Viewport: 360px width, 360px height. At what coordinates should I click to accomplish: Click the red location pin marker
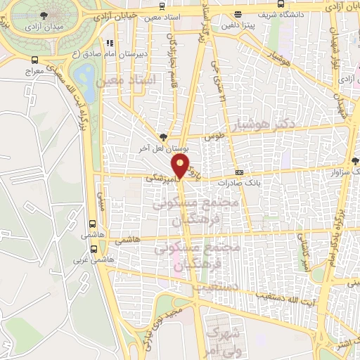click(x=181, y=167)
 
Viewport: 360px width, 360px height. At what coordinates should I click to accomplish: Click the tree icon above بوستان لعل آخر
click(x=164, y=137)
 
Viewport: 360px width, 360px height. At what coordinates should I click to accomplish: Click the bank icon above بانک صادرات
click(x=240, y=172)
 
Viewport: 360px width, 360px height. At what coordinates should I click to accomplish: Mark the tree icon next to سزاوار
click(x=356, y=161)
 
